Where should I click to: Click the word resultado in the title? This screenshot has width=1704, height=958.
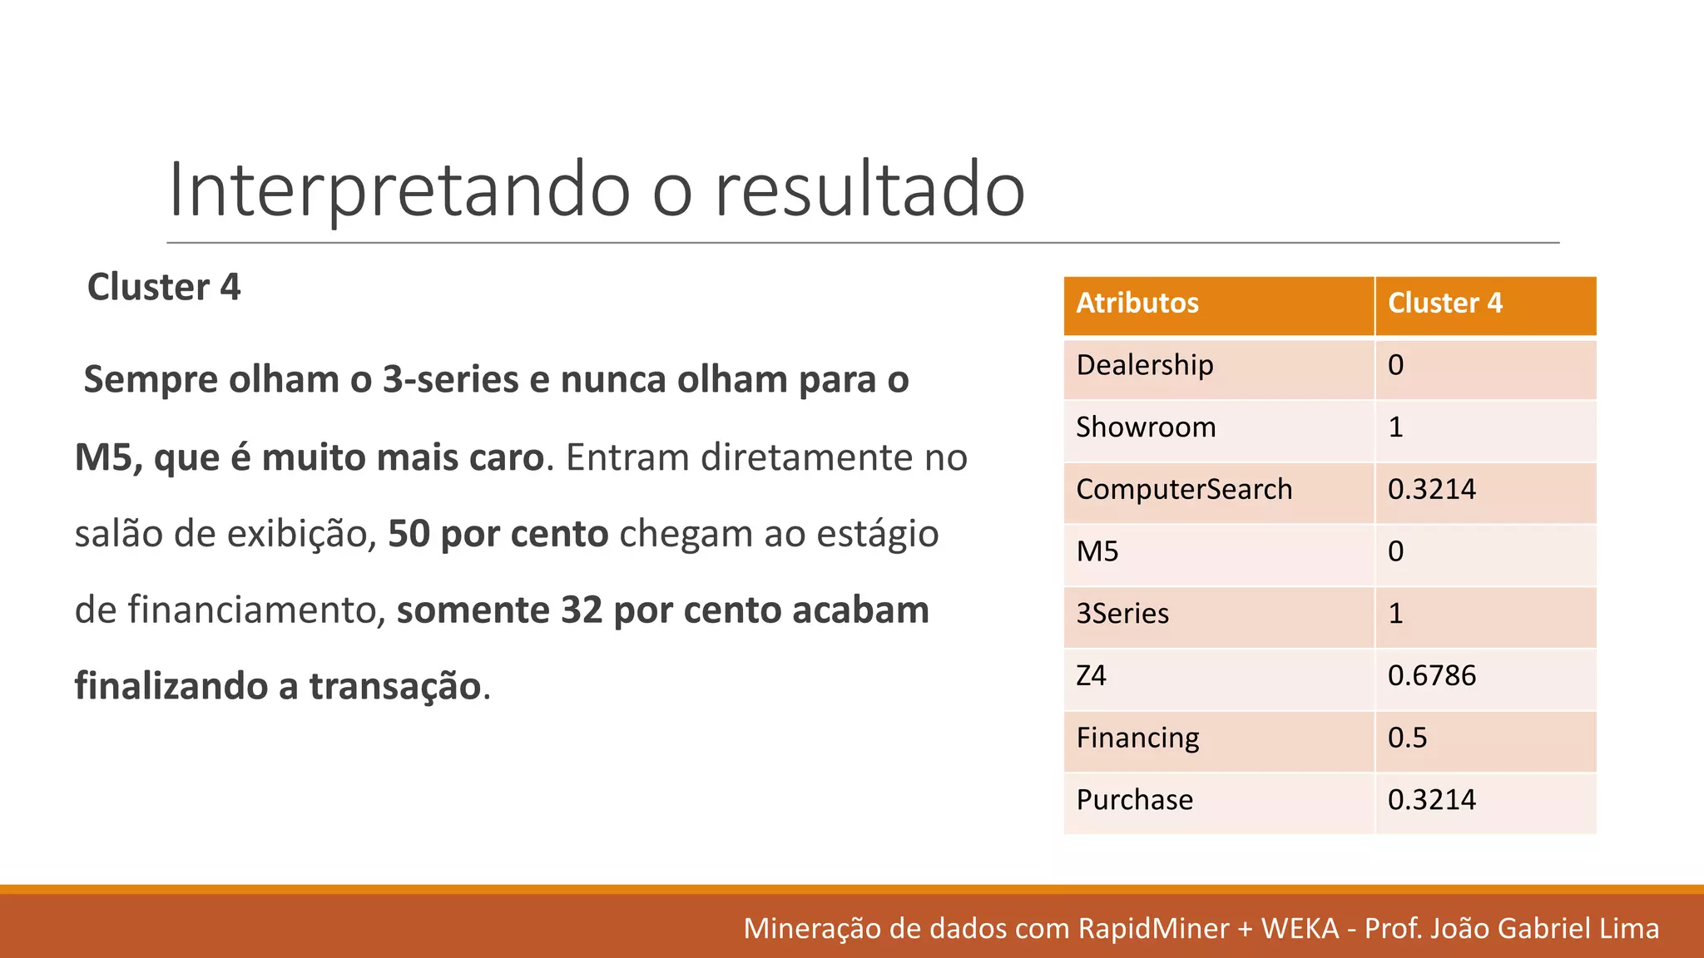869,191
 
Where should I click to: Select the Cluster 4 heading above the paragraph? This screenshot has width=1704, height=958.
164,288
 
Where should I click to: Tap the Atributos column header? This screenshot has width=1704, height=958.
1137,304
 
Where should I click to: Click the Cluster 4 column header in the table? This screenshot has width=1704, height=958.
1444,304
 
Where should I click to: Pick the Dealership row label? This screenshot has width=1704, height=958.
1144,366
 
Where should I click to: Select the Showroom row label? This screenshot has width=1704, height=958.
1146,427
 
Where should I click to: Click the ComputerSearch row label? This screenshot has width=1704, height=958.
1183,490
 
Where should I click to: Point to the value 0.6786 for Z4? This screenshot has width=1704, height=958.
1431,676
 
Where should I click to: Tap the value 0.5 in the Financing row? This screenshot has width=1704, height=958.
1407,738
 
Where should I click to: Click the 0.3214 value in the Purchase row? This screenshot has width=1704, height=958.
1431,800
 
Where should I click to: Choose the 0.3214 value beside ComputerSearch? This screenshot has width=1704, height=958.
1431,490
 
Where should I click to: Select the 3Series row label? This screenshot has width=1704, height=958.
1122,615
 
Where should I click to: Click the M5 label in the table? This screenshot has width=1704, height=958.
1097,552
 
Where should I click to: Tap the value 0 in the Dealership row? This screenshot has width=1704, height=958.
1395,366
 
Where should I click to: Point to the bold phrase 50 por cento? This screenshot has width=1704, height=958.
498,535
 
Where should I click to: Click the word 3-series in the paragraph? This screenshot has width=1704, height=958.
450,381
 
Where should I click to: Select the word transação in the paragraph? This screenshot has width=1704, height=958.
395,687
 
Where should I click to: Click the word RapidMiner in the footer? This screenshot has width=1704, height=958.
1153,929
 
